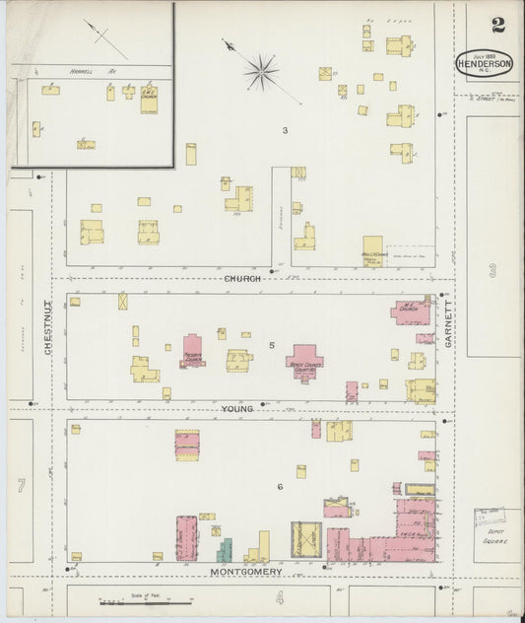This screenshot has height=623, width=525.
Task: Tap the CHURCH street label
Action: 242,279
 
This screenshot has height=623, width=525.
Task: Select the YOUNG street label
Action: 237,407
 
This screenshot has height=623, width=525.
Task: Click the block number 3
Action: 285,130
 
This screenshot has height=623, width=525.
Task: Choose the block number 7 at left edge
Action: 20,485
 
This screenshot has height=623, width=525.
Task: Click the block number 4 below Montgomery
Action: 279,597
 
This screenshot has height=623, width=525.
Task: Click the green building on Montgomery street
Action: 225,550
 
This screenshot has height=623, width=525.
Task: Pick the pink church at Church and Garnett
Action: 411,312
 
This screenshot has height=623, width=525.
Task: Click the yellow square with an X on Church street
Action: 123,302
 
